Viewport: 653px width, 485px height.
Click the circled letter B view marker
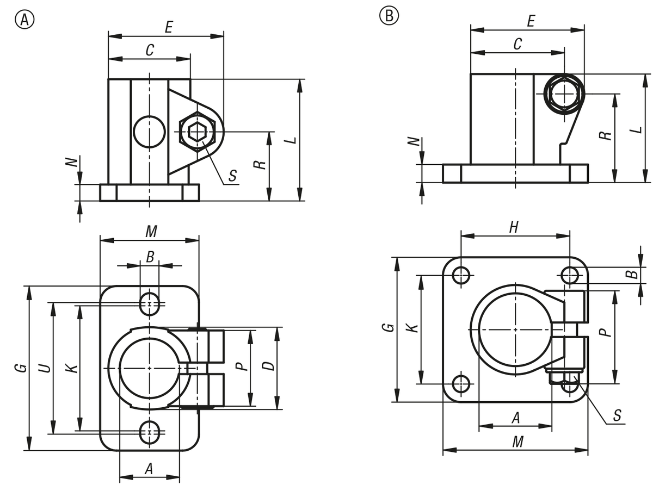(389, 15)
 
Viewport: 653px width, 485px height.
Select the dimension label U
(45, 368)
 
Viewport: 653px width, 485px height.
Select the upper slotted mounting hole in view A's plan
(150, 302)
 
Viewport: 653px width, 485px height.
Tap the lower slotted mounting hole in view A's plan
(150, 433)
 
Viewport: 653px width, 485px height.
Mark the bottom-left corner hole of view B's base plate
(461, 383)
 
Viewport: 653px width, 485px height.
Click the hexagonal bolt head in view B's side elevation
(564, 93)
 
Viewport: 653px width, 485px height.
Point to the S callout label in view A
(232, 176)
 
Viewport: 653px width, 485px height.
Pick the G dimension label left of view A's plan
(20, 368)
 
